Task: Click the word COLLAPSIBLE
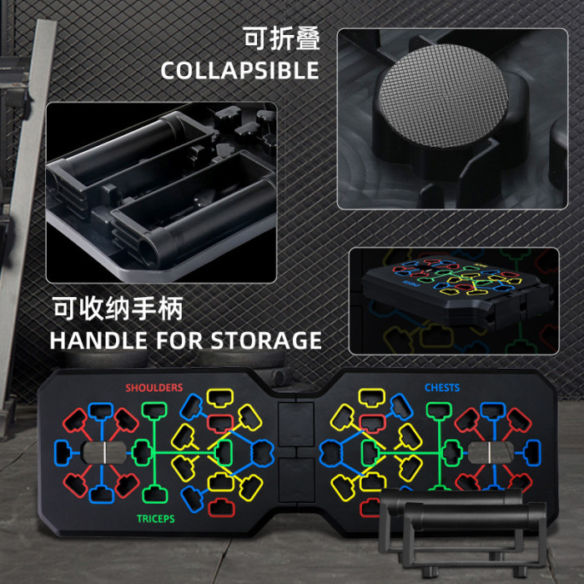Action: [x=240, y=70]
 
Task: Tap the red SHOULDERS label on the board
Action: [x=154, y=388]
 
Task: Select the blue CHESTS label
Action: [x=442, y=388]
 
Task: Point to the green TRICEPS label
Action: [x=156, y=519]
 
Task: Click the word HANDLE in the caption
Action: [x=98, y=340]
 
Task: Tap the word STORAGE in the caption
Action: [x=266, y=340]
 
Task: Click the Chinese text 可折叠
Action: [x=282, y=38]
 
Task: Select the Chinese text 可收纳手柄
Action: [x=118, y=309]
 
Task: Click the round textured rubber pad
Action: [x=444, y=96]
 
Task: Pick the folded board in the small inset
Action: [x=456, y=290]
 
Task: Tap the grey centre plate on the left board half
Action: [x=104, y=452]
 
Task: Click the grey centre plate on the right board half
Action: [x=491, y=452]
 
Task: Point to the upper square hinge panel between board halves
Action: [x=296, y=425]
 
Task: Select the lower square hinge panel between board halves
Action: [x=296, y=480]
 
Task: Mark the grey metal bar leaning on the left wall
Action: [x=27, y=209]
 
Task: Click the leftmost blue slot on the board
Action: [x=63, y=453]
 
